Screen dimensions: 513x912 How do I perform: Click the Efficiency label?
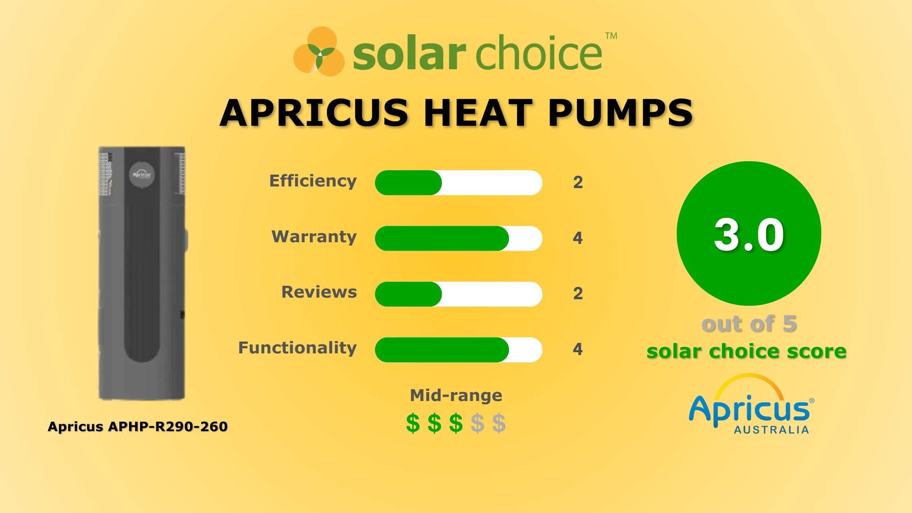(x=313, y=181)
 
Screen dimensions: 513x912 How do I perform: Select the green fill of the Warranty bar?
(x=441, y=238)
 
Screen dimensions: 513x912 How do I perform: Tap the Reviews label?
(x=319, y=292)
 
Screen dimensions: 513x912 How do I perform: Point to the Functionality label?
(x=297, y=348)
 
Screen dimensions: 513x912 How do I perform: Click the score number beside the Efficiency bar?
(x=578, y=182)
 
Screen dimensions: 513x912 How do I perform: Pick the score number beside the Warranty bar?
(x=578, y=238)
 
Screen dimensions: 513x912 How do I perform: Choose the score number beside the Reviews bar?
(x=578, y=294)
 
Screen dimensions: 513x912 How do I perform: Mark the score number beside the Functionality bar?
(x=578, y=349)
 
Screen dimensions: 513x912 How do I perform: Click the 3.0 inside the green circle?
(x=749, y=235)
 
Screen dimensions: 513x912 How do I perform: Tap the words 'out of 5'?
(x=749, y=324)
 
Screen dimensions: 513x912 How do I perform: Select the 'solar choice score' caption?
(x=746, y=351)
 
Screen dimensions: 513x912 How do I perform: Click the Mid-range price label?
(x=456, y=395)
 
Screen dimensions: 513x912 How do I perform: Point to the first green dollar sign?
(x=413, y=423)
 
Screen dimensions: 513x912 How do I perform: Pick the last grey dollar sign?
(x=499, y=423)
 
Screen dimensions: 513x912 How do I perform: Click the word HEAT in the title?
(x=477, y=113)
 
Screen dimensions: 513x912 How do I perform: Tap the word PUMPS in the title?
(x=620, y=113)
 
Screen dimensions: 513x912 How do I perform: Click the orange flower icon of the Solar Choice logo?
(x=318, y=52)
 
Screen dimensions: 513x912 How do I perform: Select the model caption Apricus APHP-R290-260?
(x=138, y=427)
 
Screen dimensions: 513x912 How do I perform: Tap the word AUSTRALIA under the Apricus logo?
(x=771, y=430)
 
